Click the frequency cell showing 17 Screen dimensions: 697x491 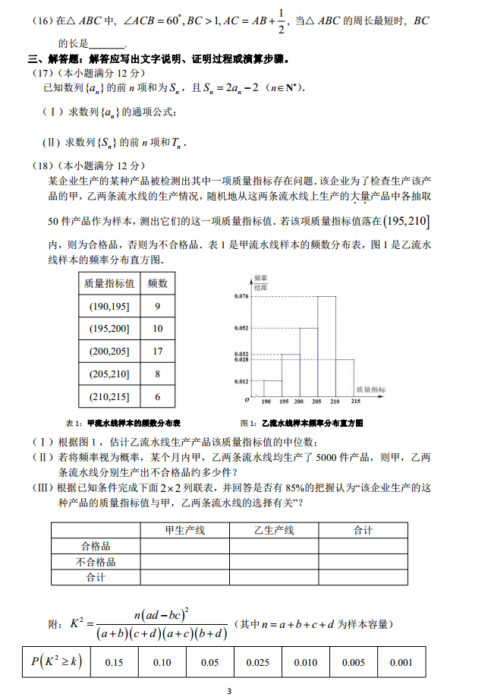[x=157, y=351]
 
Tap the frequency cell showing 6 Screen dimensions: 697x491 [x=157, y=396]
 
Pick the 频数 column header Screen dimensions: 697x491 [x=157, y=283]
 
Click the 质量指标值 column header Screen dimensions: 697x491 [x=109, y=283]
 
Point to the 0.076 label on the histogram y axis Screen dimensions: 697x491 [x=241, y=295]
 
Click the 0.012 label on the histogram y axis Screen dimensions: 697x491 [x=241, y=381]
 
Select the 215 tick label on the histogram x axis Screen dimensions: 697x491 [x=355, y=402]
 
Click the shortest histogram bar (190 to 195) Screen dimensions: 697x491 [x=272, y=387]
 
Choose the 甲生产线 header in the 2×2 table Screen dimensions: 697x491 [x=185, y=530]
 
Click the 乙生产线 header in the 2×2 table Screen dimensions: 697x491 [x=274, y=530]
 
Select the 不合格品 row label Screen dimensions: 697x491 [x=96, y=562]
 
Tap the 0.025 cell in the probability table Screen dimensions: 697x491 [x=257, y=662]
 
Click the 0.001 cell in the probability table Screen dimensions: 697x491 [x=401, y=662]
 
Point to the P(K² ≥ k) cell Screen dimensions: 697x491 [x=56, y=662]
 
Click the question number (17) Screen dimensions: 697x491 [x=42, y=73]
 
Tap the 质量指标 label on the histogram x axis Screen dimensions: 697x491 [x=371, y=389]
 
